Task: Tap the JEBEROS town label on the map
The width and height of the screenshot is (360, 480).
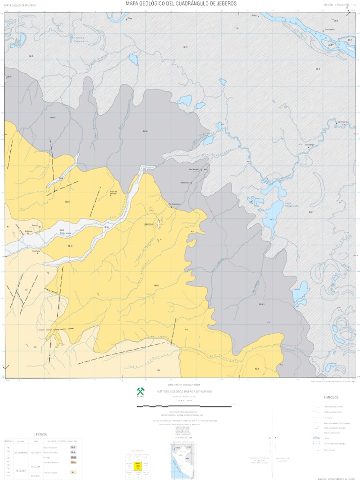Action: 149,225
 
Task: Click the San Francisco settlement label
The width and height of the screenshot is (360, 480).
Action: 345,122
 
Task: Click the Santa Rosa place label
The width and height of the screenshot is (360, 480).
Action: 185,182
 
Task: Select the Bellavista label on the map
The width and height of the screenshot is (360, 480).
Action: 29,231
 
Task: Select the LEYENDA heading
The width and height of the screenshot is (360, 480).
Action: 40,434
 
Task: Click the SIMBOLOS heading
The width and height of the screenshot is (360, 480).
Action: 331,397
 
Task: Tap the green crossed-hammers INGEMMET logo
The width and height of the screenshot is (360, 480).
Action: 140,390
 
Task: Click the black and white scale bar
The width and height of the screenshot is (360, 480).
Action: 184,405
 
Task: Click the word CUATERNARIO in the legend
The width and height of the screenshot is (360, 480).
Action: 21,452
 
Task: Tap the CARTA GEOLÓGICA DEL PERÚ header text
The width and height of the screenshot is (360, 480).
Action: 20,5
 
